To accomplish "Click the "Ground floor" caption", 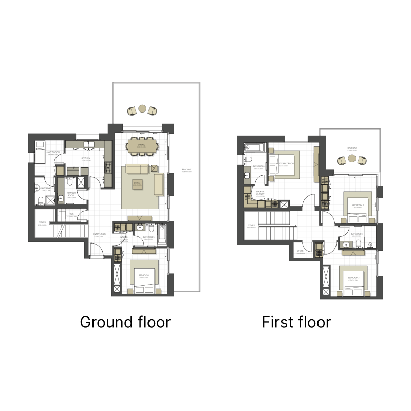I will [x=125, y=322].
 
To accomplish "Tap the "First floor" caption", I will [x=296, y=322].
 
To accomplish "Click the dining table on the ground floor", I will [x=142, y=146].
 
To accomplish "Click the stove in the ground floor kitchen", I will [x=108, y=166].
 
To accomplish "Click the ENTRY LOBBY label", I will [x=100, y=235].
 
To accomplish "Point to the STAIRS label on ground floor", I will [x=43, y=223].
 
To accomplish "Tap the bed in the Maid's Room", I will [x=40, y=153].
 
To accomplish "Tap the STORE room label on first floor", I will [x=300, y=252].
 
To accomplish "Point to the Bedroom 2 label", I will [x=358, y=205].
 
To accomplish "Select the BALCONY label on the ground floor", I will [x=186, y=170].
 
